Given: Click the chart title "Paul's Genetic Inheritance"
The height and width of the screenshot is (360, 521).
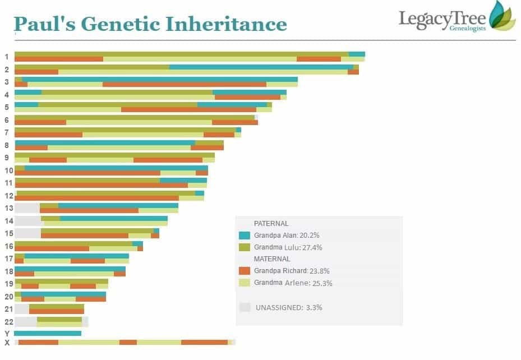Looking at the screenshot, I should click(x=150, y=24).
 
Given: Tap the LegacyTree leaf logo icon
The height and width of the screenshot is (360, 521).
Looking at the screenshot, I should click(x=501, y=15).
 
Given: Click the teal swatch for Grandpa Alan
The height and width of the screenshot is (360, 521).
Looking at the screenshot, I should click(x=244, y=236).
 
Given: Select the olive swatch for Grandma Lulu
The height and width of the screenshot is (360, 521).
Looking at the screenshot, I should click(x=244, y=247).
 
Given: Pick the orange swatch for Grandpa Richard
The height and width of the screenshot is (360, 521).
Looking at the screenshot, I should click(x=244, y=271).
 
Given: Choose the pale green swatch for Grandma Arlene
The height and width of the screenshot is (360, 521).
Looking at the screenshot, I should click(x=244, y=283).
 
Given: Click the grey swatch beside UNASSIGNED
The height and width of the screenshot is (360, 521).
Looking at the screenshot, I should click(x=245, y=307).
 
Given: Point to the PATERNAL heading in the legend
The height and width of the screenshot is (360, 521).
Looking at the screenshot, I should click(x=271, y=223).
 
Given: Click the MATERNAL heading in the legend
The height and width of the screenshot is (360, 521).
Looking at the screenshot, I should click(x=272, y=259).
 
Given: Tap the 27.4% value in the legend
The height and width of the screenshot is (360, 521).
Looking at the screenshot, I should click(x=312, y=247).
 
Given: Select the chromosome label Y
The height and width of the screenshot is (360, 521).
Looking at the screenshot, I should click(x=7, y=334).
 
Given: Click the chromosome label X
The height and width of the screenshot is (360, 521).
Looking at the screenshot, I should click(x=7, y=343).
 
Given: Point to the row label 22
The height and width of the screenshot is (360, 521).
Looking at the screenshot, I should click(x=8, y=321).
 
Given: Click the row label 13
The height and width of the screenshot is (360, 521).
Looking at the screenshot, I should click(x=8, y=208).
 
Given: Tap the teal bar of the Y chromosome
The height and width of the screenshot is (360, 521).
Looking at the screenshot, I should click(x=48, y=334).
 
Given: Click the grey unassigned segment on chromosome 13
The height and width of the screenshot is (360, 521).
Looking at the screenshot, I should click(x=27, y=208).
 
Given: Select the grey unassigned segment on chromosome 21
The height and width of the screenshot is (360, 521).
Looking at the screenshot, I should click(x=22, y=309).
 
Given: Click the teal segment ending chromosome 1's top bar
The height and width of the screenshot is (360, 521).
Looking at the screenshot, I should click(x=357, y=54).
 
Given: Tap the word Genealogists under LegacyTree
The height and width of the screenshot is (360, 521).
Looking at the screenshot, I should click(x=468, y=29).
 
